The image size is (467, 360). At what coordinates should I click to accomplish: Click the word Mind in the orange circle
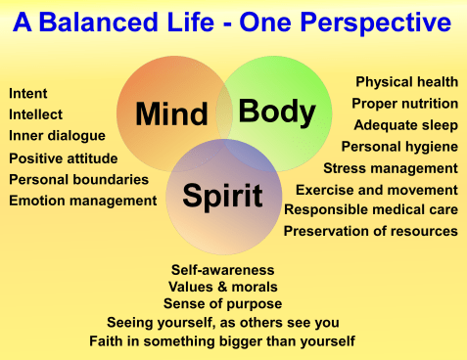pyautogui.click(x=171, y=115)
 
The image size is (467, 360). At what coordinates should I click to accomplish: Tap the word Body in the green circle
pyautogui.click(x=277, y=112)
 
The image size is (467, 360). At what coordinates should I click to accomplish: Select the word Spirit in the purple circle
pyautogui.click(x=222, y=196)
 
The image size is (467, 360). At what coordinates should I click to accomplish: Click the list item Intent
pyautogui.click(x=28, y=94)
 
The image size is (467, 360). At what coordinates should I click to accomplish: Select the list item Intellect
pyautogui.click(x=36, y=114)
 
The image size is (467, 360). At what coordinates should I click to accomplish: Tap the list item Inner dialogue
pyautogui.click(x=55, y=136)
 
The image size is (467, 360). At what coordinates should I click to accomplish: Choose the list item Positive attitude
pyautogui.click(x=64, y=158)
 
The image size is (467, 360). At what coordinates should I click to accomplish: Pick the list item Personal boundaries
pyautogui.click(x=79, y=179)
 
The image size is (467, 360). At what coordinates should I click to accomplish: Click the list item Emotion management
pyautogui.click(x=83, y=201)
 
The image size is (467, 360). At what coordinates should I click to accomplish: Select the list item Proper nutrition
pyautogui.click(x=404, y=103)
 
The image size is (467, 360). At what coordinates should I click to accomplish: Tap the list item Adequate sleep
pyautogui.click(x=405, y=124)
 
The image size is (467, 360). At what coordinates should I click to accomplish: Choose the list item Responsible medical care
pyautogui.click(x=371, y=209)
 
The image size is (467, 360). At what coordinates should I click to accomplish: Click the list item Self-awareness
pyautogui.click(x=223, y=269)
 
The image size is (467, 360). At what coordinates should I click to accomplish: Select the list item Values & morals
pyautogui.click(x=223, y=287)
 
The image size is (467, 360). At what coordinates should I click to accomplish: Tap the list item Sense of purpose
pyautogui.click(x=223, y=304)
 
